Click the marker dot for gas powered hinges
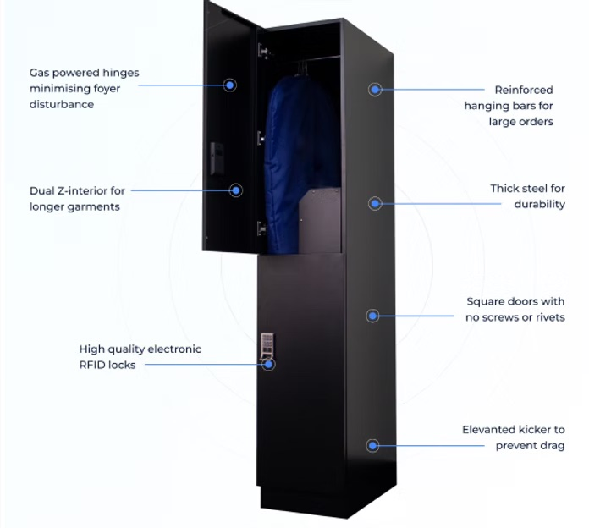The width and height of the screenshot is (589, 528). (x=229, y=85)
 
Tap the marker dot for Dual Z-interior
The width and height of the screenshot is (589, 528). (x=236, y=190)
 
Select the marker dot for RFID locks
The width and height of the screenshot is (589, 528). (x=269, y=365)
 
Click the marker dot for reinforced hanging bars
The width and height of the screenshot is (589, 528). (x=375, y=89)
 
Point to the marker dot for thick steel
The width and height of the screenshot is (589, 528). (x=375, y=203)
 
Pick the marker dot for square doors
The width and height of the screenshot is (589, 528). (x=372, y=316)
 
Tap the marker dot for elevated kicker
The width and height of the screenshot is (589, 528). (x=372, y=445)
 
